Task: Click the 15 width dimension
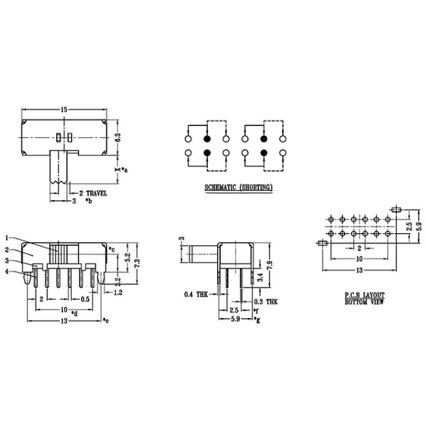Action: click(64, 109)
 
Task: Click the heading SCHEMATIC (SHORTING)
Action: click(239, 188)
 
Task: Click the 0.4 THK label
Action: click(195, 294)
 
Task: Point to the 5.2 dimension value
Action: click(126, 258)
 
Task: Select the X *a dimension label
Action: click(120, 169)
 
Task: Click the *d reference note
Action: click(74, 314)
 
